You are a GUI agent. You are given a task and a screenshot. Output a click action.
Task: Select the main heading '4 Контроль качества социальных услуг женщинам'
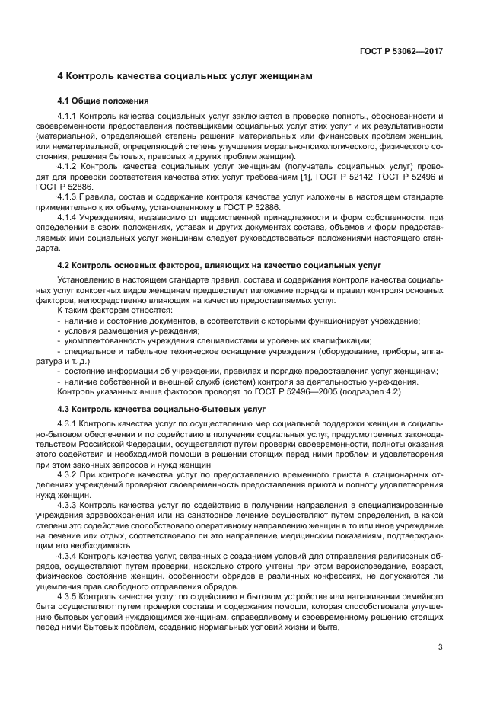point(185,77)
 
